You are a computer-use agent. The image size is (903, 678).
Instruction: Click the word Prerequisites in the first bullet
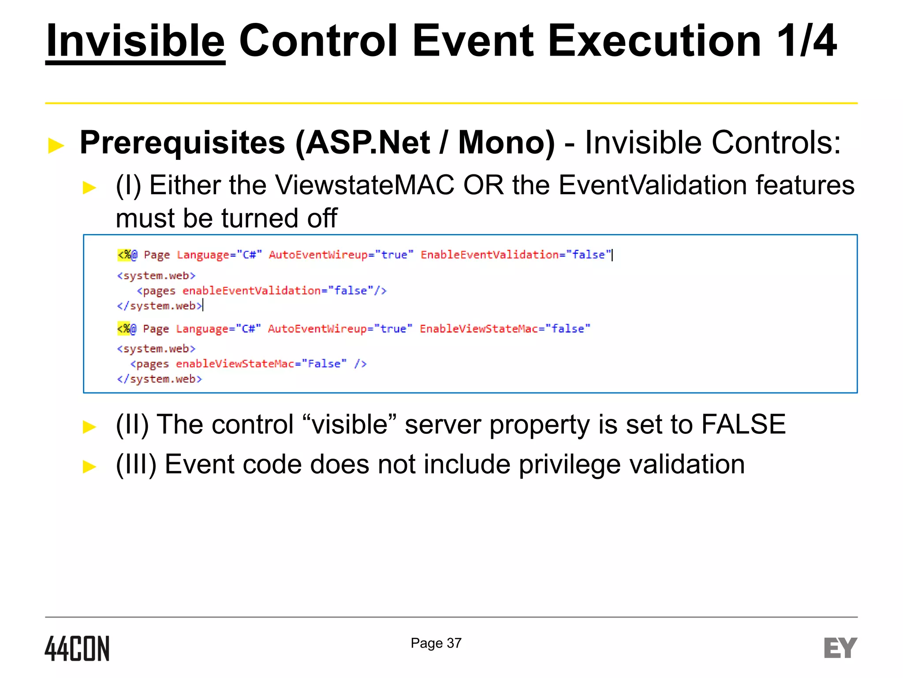tap(182, 143)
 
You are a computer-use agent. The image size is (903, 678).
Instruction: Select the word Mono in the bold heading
tap(506, 143)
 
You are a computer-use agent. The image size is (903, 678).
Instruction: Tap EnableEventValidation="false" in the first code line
tap(516, 255)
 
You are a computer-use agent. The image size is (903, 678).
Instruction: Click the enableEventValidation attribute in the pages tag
tap(251, 291)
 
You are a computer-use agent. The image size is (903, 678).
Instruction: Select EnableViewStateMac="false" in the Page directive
tap(505, 329)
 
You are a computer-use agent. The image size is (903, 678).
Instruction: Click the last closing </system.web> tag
tap(160, 379)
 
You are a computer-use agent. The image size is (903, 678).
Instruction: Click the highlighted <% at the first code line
tap(124, 255)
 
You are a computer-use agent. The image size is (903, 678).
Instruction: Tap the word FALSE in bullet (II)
tap(743, 424)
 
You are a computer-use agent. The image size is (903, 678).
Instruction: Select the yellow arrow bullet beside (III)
tap(89, 466)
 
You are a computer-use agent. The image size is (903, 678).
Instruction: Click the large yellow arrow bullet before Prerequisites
tap(56, 145)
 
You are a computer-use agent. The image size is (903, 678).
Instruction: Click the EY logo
tap(840, 648)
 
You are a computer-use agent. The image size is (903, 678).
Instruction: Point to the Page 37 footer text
tap(436, 643)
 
